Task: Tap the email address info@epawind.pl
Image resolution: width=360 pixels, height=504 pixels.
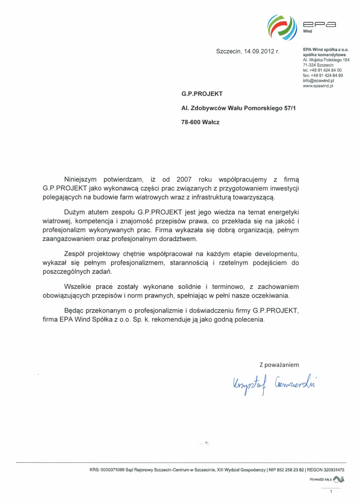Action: (x=319, y=80)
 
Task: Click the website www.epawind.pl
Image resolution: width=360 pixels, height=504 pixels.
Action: (x=318, y=85)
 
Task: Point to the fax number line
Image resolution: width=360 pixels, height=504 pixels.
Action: (x=323, y=76)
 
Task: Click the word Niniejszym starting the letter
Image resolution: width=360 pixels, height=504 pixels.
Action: (x=83, y=179)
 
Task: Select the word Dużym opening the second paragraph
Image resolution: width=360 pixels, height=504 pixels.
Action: (x=75, y=211)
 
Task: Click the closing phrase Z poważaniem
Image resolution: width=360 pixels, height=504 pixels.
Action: (x=279, y=365)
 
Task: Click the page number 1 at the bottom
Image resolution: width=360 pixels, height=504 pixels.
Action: (x=331, y=491)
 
